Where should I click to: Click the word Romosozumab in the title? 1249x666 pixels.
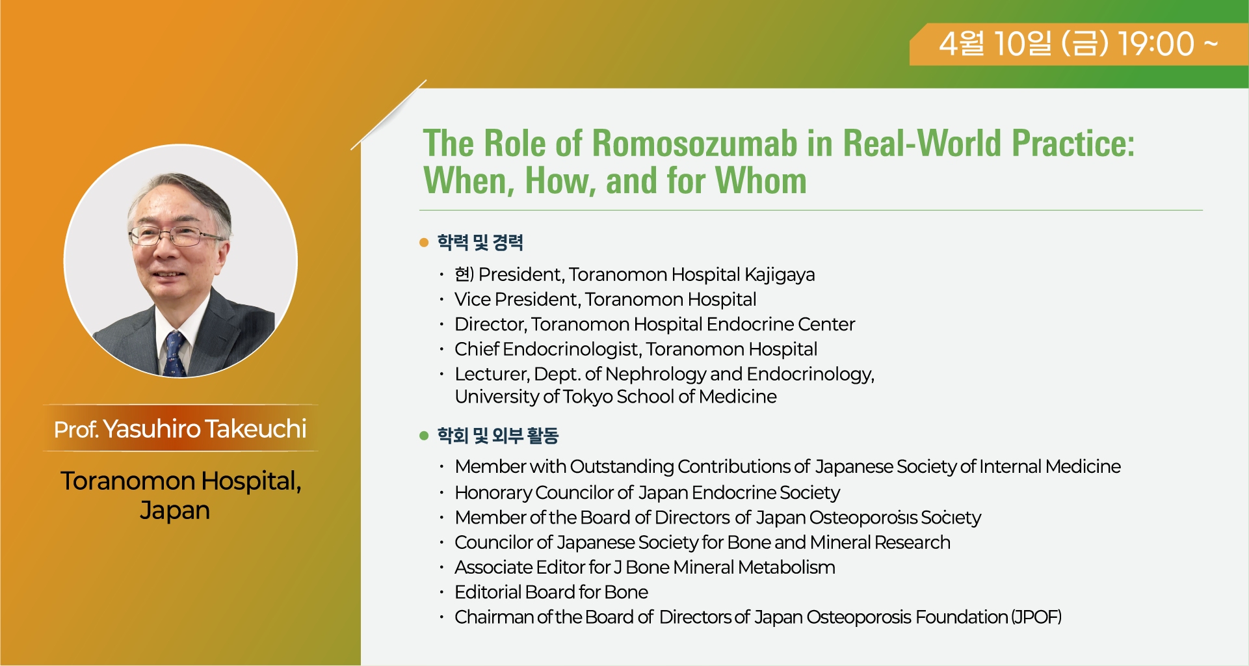pos(694,143)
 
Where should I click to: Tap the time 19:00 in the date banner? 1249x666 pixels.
pos(1156,44)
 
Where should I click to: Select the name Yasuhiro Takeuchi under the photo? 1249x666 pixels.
pos(205,429)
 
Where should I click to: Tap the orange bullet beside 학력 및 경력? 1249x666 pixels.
pos(424,243)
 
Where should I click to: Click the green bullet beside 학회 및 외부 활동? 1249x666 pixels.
pos(424,435)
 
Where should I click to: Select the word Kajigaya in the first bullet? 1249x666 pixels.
pos(780,275)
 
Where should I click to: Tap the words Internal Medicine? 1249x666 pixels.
pos(1050,466)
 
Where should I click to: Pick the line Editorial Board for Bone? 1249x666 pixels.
pos(551,592)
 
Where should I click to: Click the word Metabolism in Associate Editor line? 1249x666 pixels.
pos(787,567)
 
